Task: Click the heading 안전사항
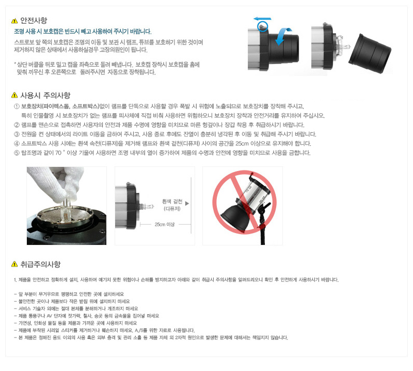click(34, 20)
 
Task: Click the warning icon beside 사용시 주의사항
click(14, 95)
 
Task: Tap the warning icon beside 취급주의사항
click(14, 264)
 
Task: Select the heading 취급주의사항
click(41, 264)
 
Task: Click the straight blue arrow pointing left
click(262, 19)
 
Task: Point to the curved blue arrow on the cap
click(283, 36)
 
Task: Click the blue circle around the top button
click(262, 27)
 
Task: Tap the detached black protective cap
click(370, 53)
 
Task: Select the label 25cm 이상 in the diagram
click(164, 224)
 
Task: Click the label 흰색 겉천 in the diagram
click(172, 202)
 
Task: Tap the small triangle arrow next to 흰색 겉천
click(187, 203)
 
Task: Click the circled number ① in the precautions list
click(17, 106)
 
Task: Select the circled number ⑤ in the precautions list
click(17, 153)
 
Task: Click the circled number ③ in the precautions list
click(17, 134)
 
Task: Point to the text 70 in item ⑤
click(58, 153)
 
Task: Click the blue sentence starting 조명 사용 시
click(83, 32)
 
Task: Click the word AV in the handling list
click(50, 316)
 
